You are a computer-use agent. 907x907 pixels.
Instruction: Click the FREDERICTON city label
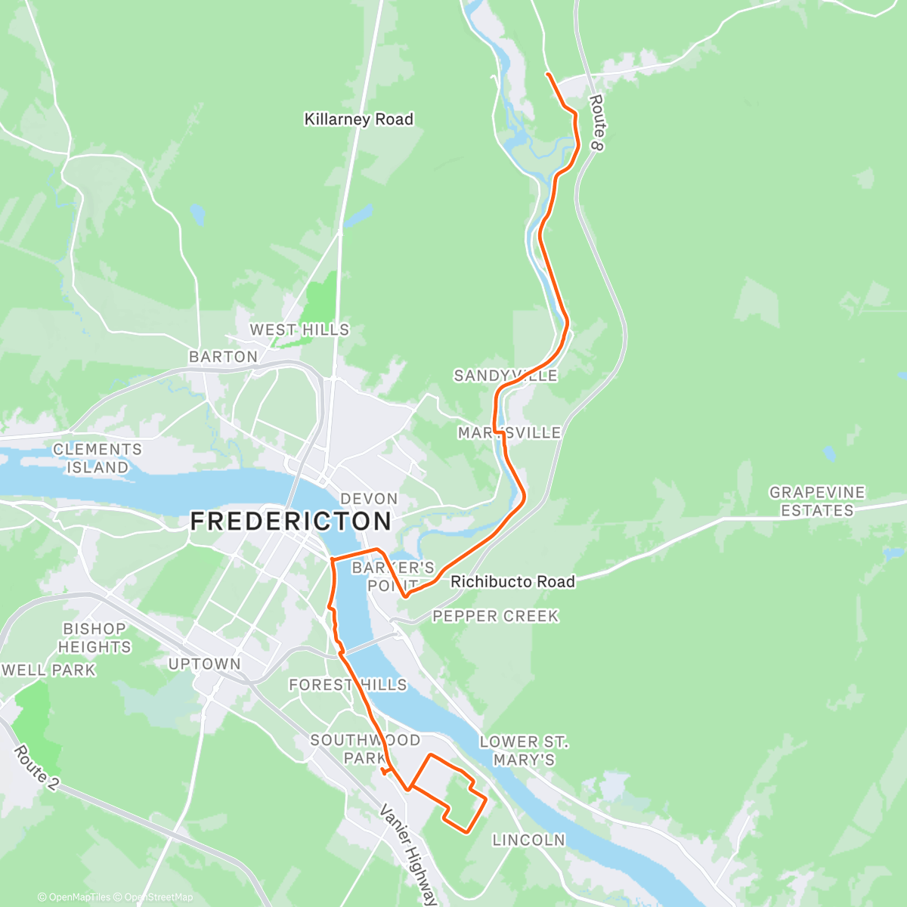[x=291, y=522]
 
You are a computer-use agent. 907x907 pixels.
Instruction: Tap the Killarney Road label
[x=358, y=119]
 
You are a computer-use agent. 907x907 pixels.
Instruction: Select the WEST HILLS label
[x=299, y=330]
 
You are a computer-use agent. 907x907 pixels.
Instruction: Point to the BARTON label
[x=223, y=356]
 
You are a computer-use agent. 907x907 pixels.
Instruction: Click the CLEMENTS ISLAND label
[x=97, y=459]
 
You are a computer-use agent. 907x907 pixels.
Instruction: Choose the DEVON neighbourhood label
[x=369, y=499]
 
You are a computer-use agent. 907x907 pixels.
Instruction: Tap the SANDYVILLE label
[x=505, y=376]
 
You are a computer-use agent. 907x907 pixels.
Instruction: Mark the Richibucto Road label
[x=512, y=581]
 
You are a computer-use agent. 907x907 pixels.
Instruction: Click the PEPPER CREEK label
[x=495, y=616]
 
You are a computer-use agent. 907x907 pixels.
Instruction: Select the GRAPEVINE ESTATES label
[x=816, y=501]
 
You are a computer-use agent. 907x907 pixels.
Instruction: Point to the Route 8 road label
[x=596, y=122]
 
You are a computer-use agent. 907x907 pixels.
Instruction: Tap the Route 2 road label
[x=35, y=768]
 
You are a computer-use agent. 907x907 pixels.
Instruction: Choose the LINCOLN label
[x=528, y=840]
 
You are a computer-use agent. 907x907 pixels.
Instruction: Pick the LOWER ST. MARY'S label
[x=524, y=751]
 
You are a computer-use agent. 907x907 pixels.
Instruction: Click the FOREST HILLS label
[x=348, y=685]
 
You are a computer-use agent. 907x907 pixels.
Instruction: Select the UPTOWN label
[x=204, y=664]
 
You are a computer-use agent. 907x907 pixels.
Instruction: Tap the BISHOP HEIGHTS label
[x=94, y=638]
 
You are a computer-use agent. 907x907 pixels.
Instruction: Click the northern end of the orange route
[x=546, y=74]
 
